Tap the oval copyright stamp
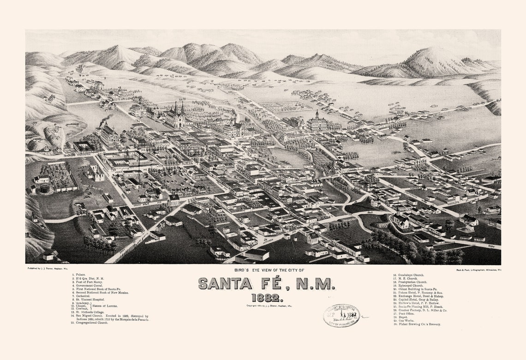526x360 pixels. [x=341, y=316]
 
